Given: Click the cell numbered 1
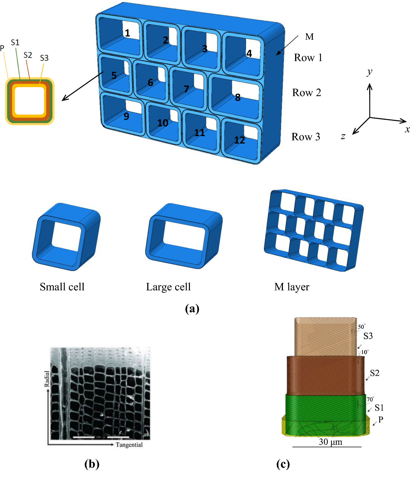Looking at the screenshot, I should click(x=127, y=33).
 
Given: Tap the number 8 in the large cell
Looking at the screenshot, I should click(x=238, y=97).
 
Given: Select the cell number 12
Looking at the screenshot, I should click(x=240, y=140).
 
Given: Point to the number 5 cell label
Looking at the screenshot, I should click(x=114, y=76).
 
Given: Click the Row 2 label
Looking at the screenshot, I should click(x=307, y=93).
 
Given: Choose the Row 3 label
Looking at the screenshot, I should click(x=306, y=137).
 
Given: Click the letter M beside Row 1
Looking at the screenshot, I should click(x=309, y=37).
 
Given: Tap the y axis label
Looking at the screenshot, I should click(x=369, y=72).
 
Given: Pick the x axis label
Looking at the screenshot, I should click(x=407, y=130).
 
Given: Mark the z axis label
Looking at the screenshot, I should click(x=343, y=136).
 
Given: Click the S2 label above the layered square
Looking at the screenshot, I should click(x=28, y=55).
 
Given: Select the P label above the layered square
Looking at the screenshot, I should click(x=2, y=48).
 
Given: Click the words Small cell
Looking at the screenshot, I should click(x=62, y=287).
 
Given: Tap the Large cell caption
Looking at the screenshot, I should click(x=168, y=287).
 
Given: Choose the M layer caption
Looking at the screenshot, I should click(x=292, y=287).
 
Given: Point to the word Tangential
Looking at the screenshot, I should click(x=129, y=445).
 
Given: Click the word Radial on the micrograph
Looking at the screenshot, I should click(x=47, y=379).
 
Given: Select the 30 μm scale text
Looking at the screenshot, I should click(x=330, y=442).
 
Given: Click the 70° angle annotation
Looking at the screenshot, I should click(x=370, y=399).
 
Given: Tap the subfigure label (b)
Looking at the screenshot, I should click(x=92, y=464).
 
